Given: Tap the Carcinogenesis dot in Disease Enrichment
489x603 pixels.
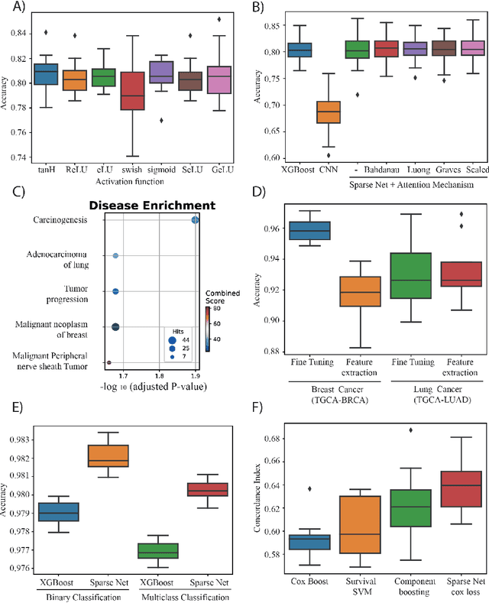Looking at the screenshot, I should tap(195, 220).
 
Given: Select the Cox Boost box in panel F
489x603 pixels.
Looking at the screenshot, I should tap(293, 541).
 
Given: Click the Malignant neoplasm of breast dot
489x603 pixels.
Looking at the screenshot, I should tap(115, 327).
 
